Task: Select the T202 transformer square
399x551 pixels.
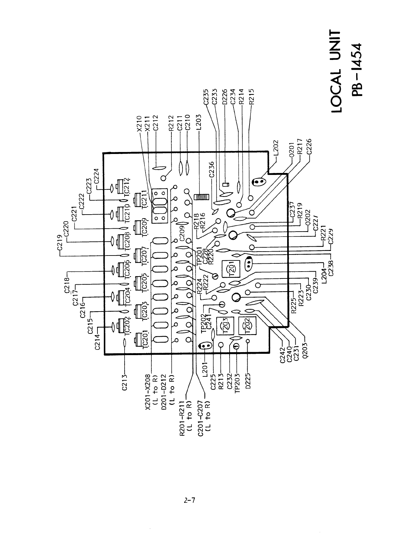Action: pos(247,326)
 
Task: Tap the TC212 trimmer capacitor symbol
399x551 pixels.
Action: pos(120,184)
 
